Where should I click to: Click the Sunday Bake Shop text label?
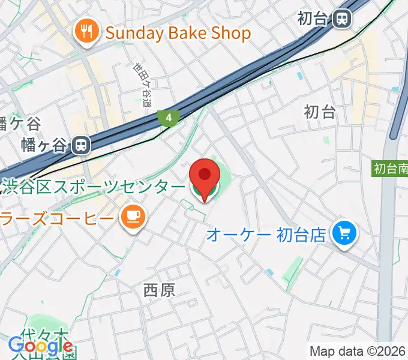click(x=178, y=33)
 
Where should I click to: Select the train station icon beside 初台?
click(x=343, y=19)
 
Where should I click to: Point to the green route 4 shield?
click(x=169, y=118)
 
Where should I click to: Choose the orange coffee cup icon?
click(x=133, y=217)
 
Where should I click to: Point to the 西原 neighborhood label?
click(x=159, y=291)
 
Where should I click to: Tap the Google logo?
click(x=40, y=346)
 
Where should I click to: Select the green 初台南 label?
click(x=389, y=169)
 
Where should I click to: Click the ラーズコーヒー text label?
click(x=57, y=217)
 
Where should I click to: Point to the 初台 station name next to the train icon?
click(x=313, y=19)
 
